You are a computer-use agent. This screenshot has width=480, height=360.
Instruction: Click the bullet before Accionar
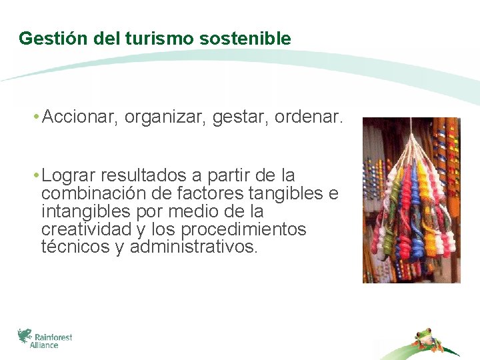(35, 119)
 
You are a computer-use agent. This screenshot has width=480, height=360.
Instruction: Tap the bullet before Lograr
(35, 176)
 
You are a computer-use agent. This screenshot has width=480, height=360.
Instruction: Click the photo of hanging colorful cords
(411, 200)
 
